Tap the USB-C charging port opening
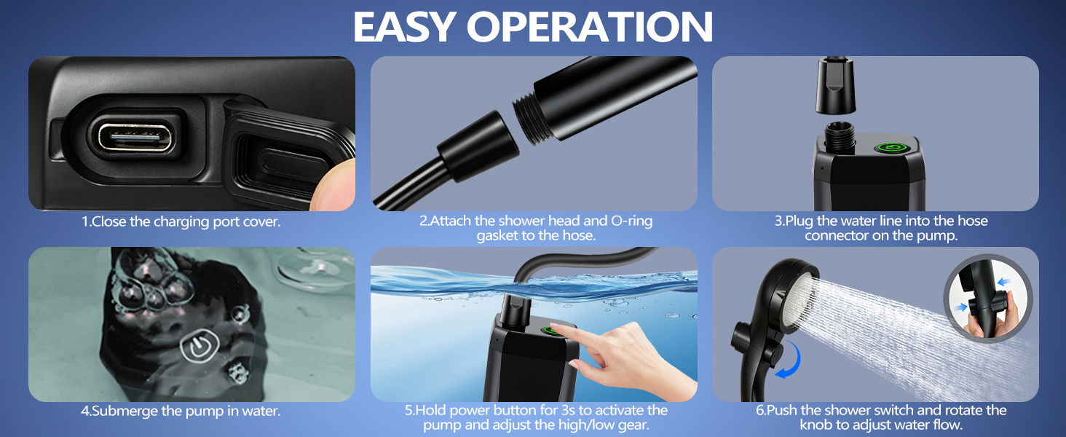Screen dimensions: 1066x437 click(x=135, y=138)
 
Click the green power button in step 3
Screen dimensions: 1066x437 click(x=889, y=148)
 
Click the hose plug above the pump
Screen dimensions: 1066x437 click(x=836, y=86)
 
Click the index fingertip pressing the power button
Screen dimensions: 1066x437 click(x=558, y=328)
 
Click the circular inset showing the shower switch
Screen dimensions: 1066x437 click(x=987, y=296)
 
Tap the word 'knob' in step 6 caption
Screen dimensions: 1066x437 click(x=817, y=425)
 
